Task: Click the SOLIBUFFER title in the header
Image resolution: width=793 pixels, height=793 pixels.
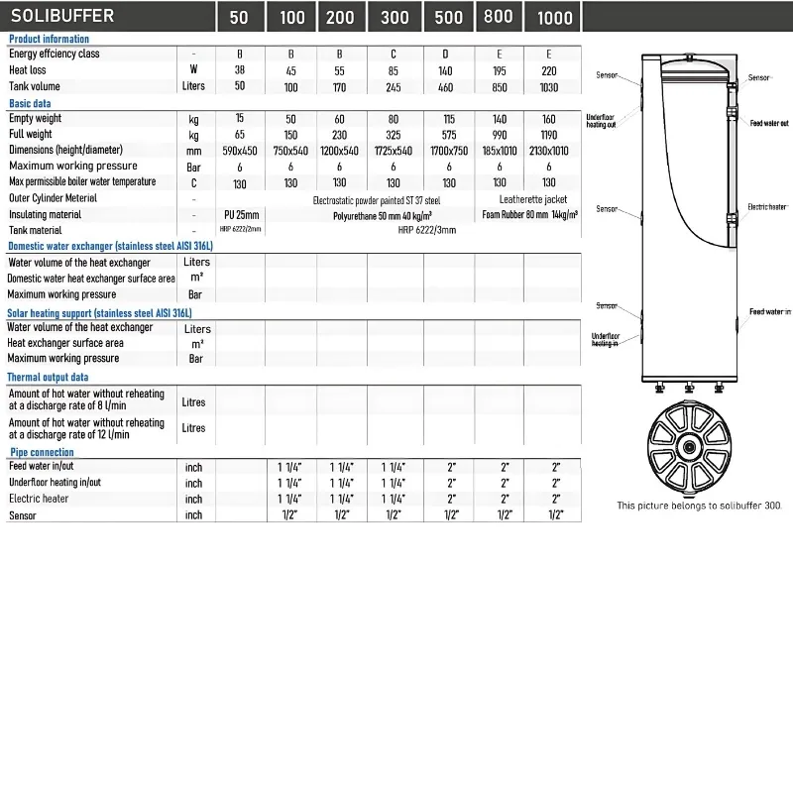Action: tap(61, 16)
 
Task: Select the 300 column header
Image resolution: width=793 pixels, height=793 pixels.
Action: tap(395, 18)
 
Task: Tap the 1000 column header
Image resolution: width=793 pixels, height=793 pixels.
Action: tap(554, 18)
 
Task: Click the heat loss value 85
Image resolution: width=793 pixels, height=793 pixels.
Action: tap(395, 70)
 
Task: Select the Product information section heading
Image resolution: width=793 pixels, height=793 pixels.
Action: tap(49, 39)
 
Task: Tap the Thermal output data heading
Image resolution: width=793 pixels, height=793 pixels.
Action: tap(48, 378)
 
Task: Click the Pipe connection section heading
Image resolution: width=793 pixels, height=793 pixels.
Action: tap(41, 453)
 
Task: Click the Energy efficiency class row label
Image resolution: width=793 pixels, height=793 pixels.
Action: tap(54, 55)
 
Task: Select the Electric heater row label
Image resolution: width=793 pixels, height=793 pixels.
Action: tap(39, 499)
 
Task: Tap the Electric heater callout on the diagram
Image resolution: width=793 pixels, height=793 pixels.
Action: tap(766, 206)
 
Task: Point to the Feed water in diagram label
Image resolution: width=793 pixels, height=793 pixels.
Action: tap(769, 311)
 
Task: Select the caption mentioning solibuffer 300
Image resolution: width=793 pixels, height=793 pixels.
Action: tap(699, 505)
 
